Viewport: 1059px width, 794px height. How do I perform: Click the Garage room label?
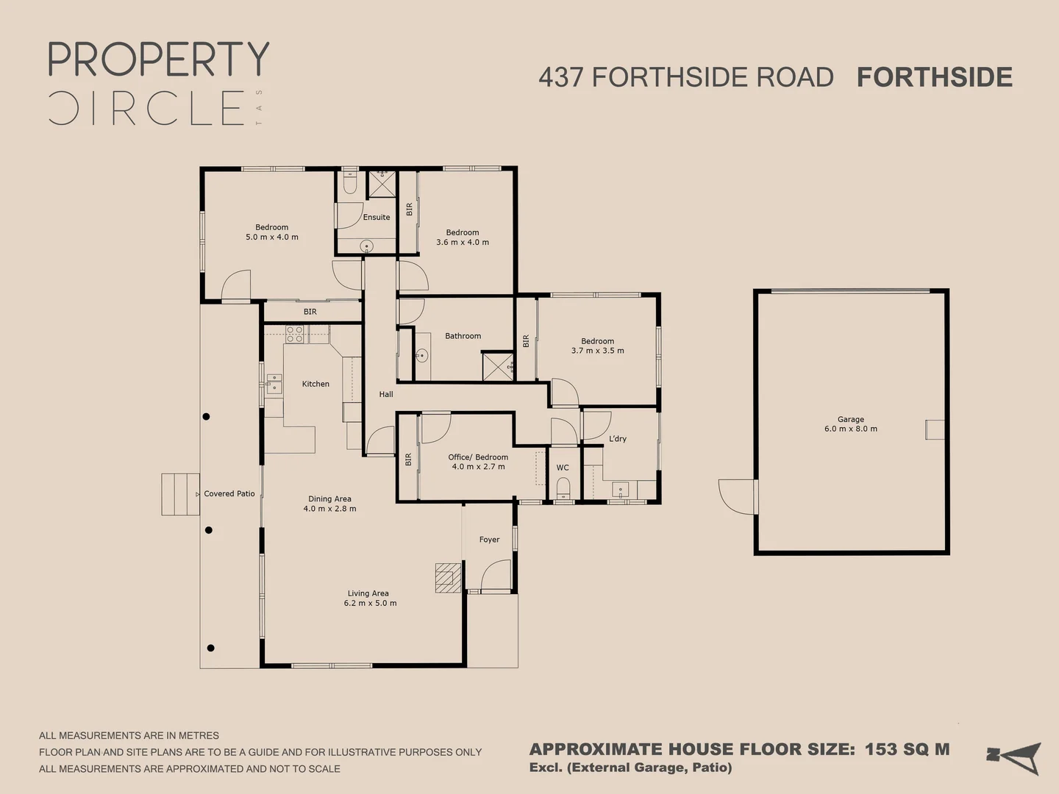pyautogui.click(x=850, y=419)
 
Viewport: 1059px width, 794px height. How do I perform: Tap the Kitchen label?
pyautogui.click(x=315, y=384)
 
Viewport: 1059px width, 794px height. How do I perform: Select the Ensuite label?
pyautogui.click(x=377, y=217)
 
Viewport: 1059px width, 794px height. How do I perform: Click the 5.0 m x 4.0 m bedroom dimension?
pyautogui.click(x=272, y=237)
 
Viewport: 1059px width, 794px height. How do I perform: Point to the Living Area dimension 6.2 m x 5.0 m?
pyautogui.click(x=370, y=604)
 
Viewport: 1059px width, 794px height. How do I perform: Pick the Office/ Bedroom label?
pyautogui.click(x=478, y=457)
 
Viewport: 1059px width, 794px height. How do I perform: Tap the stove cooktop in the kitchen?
pyautogui.click(x=295, y=335)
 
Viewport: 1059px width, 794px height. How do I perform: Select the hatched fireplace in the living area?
pyautogui.click(x=448, y=578)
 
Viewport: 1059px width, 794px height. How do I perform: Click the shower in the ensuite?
pyautogui.click(x=382, y=184)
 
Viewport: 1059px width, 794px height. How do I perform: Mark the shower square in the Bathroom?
pyautogui.click(x=498, y=367)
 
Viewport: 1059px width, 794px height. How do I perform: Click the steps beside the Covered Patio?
pyautogui.click(x=180, y=494)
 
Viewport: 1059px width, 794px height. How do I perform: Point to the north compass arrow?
pyautogui.click(x=1015, y=757)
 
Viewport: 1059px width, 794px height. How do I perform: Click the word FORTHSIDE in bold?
pyautogui.click(x=934, y=77)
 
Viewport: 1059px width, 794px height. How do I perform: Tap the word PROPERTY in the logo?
pyautogui.click(x=159, y=60)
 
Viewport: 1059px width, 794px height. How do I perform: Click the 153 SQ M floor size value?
pyautogui.click(x=907, y=749)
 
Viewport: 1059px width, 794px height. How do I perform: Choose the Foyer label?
pyautogui.click(x=489, y=540)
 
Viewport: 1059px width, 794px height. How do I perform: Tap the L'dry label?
pyautogui.click(x=618, y=439)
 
